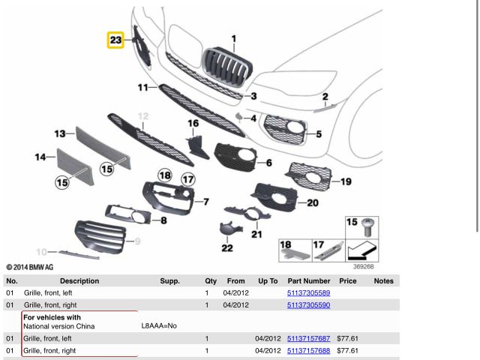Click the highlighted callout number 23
[115, 40]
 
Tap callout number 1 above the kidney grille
[233, 38]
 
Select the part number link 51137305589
[308, 292]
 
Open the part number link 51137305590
[308, 305]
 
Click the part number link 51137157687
[308, 338]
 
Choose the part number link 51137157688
[308, 350]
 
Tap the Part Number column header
[308, 280]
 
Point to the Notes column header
[383, 280]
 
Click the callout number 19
[345, 181]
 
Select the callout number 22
[226, 247]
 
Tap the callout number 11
[142, 88]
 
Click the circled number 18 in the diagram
[164, 175]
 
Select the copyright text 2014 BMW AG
[30, 266]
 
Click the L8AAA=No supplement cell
[159, 326]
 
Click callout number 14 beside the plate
[40, 157]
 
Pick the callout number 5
[319, 134]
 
